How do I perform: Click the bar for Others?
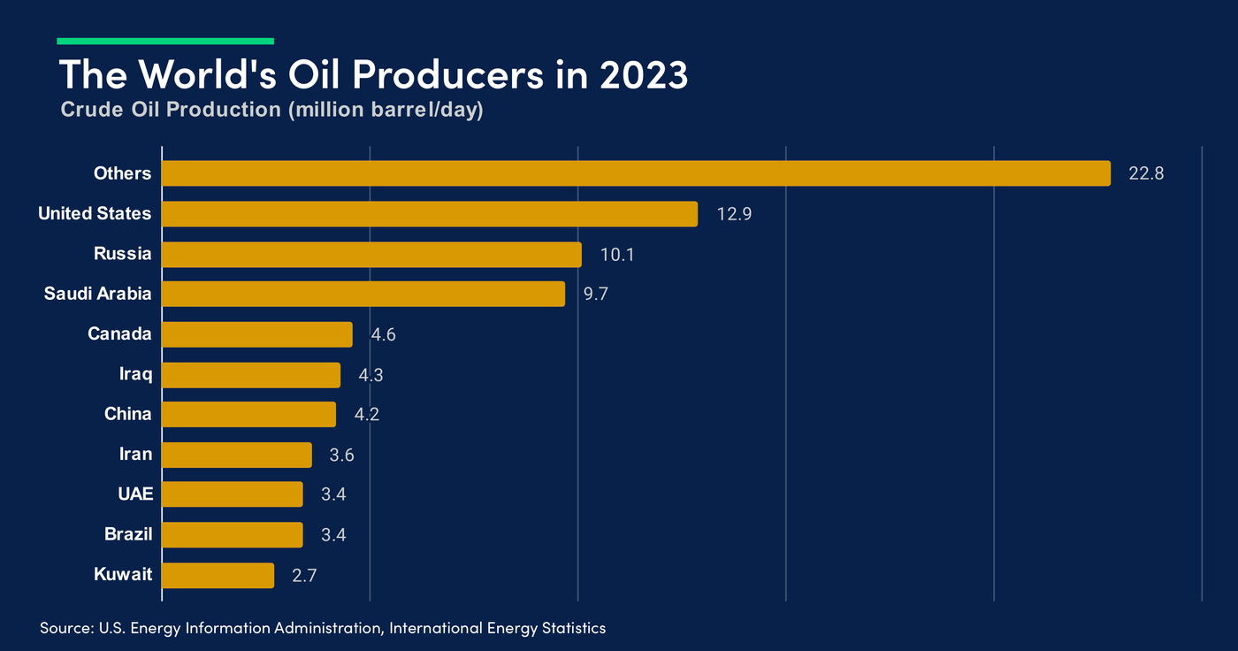coord(636,173)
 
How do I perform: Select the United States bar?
coord(430,214)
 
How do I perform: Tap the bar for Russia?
coord(371,255)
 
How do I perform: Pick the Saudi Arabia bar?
coord(363,294)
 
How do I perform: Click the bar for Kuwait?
coord(218,575)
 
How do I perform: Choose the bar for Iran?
coord(237,455)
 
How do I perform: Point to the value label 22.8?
coord(1146,173)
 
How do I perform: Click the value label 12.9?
coord(734,214)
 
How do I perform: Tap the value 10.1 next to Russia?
coord(617,255)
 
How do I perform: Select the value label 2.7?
coord(304,576)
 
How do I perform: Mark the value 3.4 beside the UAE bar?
coord(333,494)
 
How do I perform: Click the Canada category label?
coord(119,334)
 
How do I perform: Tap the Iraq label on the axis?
coord(135,374)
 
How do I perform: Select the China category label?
coord(127,414)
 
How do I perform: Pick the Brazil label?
coord(128,534)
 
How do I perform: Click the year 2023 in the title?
coord(644,76)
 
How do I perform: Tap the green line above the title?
coord(165,41)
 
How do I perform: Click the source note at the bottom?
coord(323,628)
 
